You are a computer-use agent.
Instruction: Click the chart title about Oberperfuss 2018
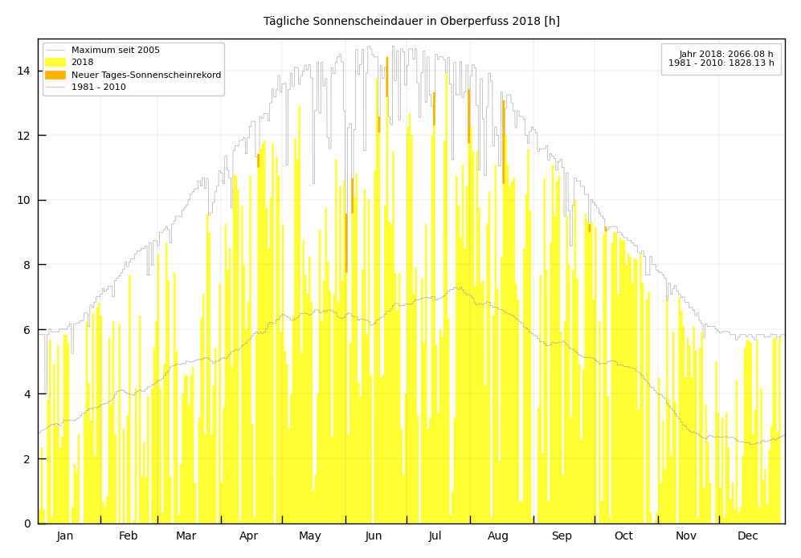pos(411,22)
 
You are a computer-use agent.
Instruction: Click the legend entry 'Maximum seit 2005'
pos(115,51)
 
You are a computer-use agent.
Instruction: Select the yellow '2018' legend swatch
pos(55,63)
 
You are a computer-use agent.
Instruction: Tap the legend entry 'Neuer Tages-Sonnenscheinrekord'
pos(145,75)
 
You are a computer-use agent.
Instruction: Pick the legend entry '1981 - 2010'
pos(98,87)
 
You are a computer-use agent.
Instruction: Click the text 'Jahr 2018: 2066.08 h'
pos(726,54)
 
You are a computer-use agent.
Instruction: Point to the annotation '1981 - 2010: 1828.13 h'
pos(721,63)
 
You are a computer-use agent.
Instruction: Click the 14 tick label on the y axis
pos(24,71)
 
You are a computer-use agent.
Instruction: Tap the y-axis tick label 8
pos(27,265)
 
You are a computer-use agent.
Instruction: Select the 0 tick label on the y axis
pos(27,523)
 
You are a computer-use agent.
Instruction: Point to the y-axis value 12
pos(24,136)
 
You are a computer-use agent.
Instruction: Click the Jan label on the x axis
pos(65,536)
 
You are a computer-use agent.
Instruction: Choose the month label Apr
pos(248,536)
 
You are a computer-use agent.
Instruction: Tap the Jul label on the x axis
pos(435,536)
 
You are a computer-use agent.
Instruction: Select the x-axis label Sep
pos(562,536)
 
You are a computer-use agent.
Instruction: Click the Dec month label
pos(747,536)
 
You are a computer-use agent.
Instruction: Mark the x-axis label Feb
pos(128,536)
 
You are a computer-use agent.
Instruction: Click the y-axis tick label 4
pos(27,394)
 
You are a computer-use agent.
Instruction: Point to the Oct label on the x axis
pos(623,536)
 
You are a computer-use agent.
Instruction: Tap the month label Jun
pos(374,536)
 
